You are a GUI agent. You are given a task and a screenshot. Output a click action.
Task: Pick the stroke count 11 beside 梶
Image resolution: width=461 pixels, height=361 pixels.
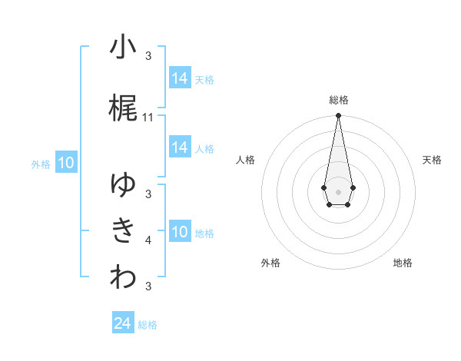coord(148,118)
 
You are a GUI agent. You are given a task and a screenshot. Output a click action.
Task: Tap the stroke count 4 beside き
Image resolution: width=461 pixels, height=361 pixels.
coord(148,240)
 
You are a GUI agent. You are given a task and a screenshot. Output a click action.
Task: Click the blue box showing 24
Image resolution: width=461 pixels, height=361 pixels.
coord(123,324)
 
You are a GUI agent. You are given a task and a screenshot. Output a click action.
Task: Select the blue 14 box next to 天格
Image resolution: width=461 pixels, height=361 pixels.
coord(180,78)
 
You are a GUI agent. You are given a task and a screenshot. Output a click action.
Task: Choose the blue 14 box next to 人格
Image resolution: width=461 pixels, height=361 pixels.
coord(180,148)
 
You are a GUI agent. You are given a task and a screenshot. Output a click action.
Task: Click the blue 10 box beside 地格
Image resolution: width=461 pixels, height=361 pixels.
coord(180,232)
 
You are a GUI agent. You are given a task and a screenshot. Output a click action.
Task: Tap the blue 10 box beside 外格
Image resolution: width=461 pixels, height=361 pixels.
coord(66,163)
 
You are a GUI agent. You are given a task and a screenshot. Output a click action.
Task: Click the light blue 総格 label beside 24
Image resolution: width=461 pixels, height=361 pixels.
coord(148,325)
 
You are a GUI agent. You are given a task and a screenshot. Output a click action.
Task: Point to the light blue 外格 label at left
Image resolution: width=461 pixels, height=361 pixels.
coord(41,164)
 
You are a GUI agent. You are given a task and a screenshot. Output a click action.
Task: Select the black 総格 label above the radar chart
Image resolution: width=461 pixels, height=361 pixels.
coord(339,100)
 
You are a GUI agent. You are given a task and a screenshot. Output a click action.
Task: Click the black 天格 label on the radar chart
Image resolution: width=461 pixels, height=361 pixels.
coord(433,160)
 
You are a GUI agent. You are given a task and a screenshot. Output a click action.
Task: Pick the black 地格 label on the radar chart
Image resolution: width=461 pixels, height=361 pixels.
coord(403,263)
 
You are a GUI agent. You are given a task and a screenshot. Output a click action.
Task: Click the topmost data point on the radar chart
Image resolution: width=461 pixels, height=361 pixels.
coord(338,115)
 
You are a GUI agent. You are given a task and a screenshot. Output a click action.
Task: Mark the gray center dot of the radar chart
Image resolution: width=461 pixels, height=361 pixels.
coord(338,190)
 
